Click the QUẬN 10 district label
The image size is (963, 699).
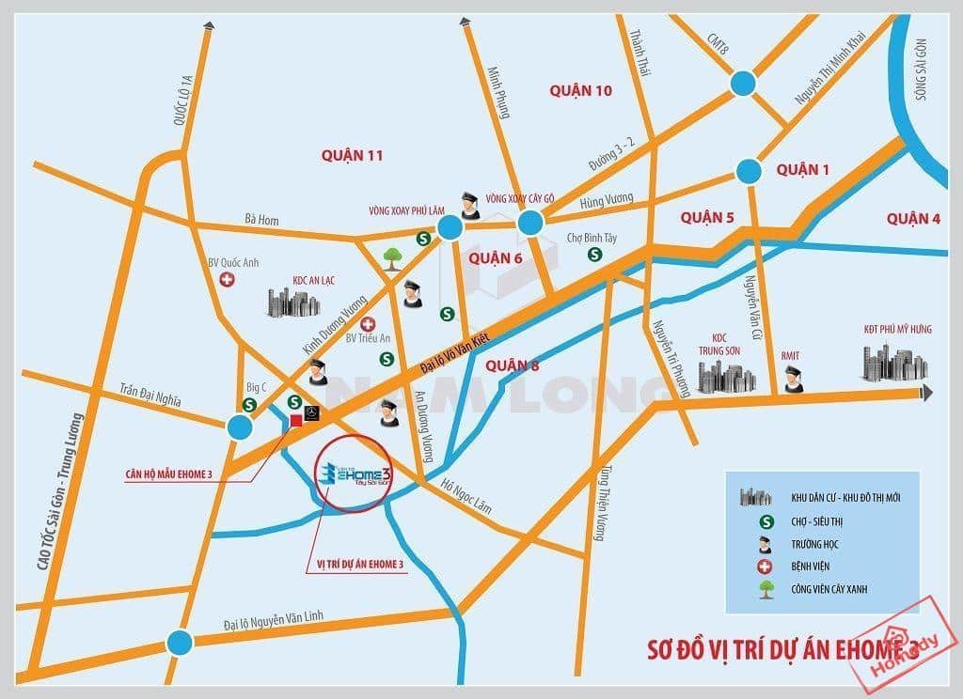pyautogui.click(x=580, y=90)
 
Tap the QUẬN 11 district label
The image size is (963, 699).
pyautogui.click(x=352, y=155)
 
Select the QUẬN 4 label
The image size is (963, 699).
pyautogui.click(x=912, y=219)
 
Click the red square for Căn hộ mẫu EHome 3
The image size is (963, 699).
pyautogui.click(x=296, y=419)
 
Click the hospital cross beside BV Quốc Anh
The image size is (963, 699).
pyautogui.click(x=227, y=280)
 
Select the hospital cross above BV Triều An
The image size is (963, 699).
pyautogui.click(x=368, y=323)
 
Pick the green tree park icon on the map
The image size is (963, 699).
pyautogui.click(x=393, y=256)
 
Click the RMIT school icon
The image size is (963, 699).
pyautogui.click(x=793, y=380)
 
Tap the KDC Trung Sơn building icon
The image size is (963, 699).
pyautogui.click(x=726, y=376)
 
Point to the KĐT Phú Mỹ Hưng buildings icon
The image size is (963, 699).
pyautogui.click(x=891, y=362)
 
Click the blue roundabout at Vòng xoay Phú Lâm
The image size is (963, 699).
pyautogui.click(x=450, y=226)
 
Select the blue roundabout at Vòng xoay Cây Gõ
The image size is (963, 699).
pyautogui.click(x=529, y=223)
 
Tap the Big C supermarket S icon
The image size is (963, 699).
pyautogui.click(x=250, y=405)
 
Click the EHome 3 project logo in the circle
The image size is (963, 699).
pyautogui.click(x=355, y=475)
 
